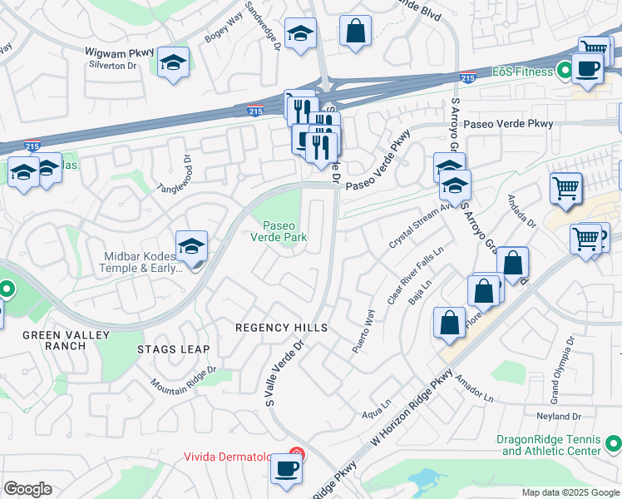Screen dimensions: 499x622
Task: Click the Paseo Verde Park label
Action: pos(285,231)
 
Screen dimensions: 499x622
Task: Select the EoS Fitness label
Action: pos(521,72)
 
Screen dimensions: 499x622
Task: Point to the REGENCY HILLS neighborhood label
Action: pos(282,328)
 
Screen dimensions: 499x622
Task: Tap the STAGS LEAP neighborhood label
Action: pos(175,349)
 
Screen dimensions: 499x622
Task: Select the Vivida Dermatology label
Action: pos(235,457)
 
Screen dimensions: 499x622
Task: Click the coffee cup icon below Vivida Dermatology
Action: pos(288,468)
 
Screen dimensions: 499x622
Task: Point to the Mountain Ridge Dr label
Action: pos(184,377)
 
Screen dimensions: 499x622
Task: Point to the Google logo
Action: pos(27,489)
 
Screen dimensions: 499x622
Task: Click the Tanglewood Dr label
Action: pos(175,175)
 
